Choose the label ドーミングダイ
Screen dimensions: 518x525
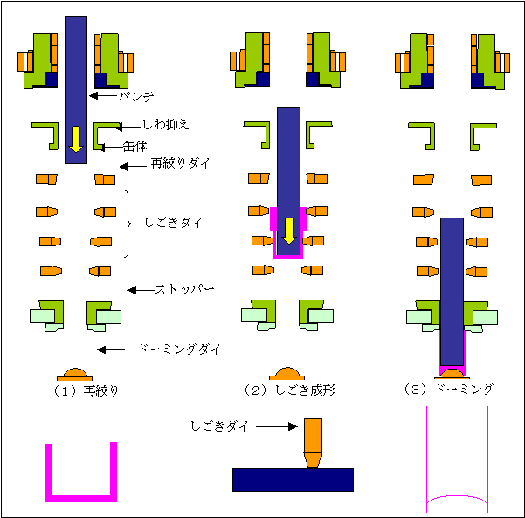(x=179, y=349)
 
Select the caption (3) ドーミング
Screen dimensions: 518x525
(x=449, y=390)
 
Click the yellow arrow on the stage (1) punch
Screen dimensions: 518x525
(x=76, y=138)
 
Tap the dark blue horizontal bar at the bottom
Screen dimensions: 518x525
(x=293, y=480)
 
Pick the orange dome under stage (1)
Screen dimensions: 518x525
(x=76, y=373)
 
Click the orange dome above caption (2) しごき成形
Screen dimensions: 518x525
(x=287, y=374)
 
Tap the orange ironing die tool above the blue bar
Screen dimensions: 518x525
(x=313, y=443)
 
